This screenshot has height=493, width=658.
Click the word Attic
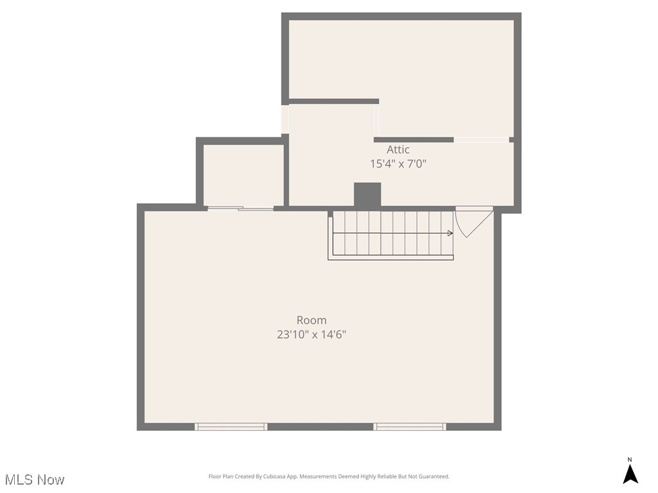point(398,150)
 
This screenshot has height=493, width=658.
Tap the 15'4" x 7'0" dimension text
point(398,164)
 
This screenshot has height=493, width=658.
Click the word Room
point(311,320)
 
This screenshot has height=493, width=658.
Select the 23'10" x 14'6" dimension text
point(311,334)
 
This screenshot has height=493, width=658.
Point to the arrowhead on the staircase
point(450,233)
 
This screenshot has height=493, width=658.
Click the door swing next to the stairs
point(473,221)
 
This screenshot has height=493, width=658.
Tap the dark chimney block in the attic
point(368,195)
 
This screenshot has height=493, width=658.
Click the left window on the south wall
point(231,426)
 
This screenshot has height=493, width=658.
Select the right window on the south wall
point(410,426)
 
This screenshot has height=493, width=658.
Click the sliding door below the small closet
point(240,207)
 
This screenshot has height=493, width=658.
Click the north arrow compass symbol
point(630,474)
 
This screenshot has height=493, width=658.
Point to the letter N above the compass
point(630,460)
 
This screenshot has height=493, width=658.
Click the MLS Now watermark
point(35,480)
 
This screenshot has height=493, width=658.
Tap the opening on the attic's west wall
point(285,119)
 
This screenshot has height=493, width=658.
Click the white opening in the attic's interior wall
point(481,139)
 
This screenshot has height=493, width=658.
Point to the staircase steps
point(392,233)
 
